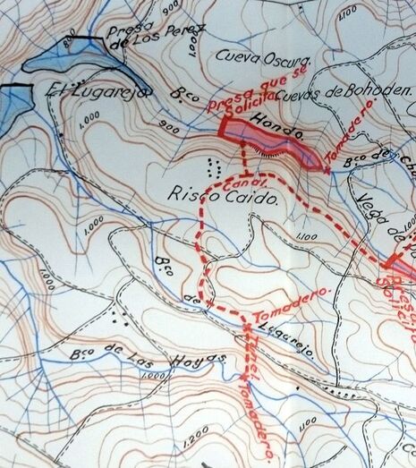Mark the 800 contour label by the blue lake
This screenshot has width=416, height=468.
click(x=72, y=35)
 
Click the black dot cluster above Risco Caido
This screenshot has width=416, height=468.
click(x=212, y=166)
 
